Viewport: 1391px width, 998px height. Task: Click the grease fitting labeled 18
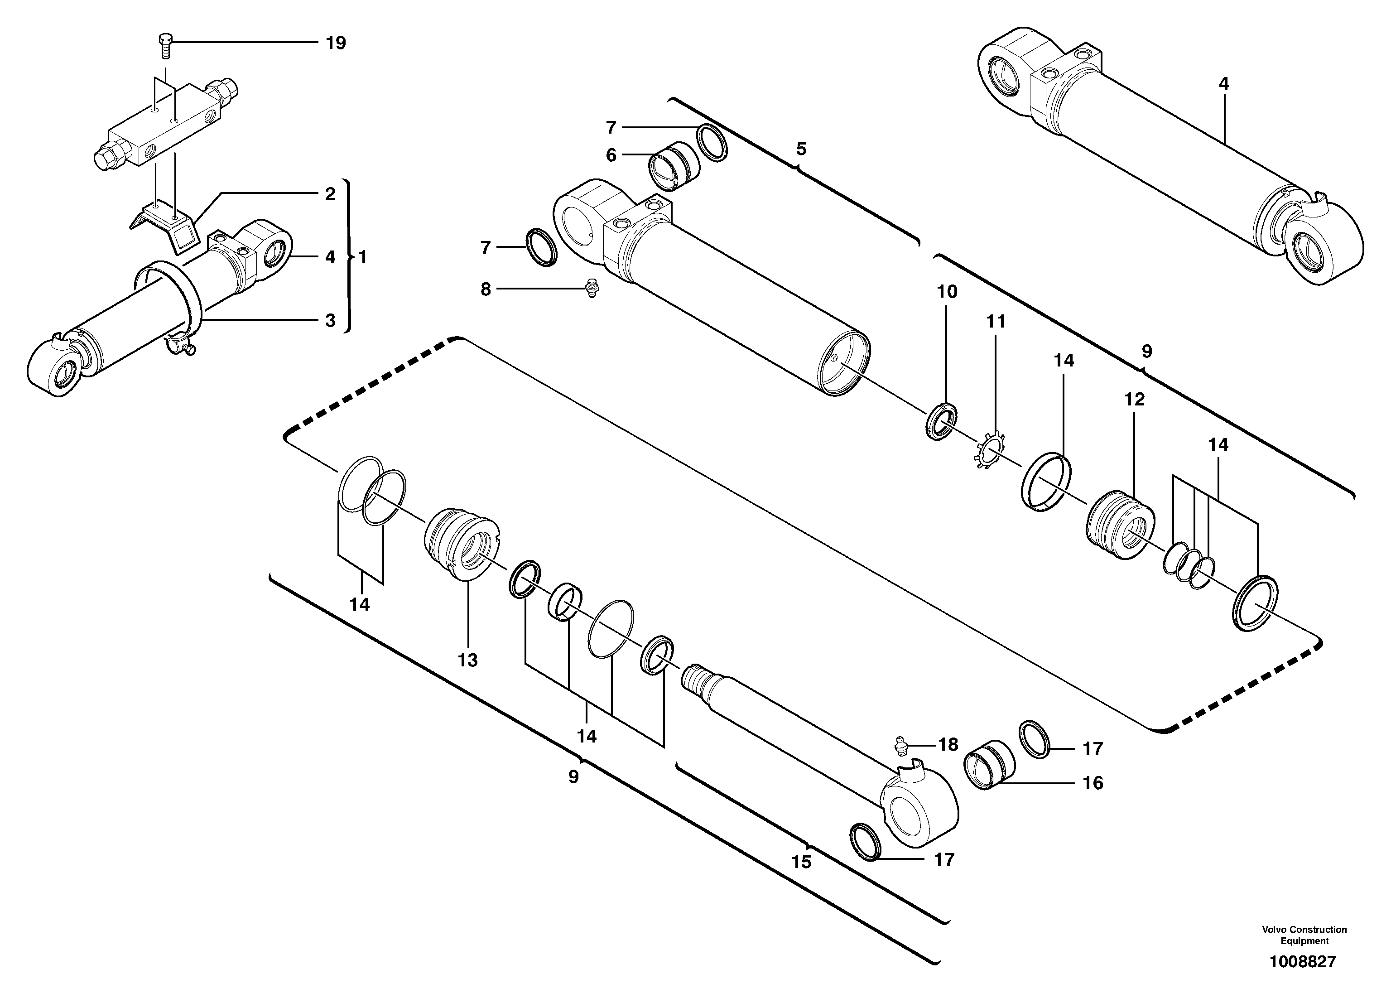[900, 745]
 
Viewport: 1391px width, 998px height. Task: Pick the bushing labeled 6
[672, 166]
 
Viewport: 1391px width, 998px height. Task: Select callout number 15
[801, 862]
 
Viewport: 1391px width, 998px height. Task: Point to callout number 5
[801, 149]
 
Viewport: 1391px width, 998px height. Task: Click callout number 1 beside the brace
[362, 257]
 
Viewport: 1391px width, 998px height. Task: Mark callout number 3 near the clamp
[330, 320]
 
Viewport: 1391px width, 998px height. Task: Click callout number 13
[467, 660]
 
